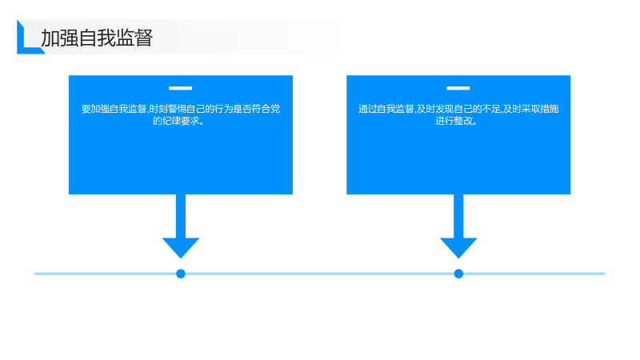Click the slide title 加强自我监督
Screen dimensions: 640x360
click(x=97, y=38)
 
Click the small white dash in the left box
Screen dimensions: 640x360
click(x=181, y=88)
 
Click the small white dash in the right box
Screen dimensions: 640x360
click(x=458, y=88)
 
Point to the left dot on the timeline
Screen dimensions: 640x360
click(x=181, y=274)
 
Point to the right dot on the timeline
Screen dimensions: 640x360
click(x=458, y=274)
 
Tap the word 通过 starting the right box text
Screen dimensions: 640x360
click(x=367, y=109)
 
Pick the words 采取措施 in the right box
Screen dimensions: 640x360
click(x=540, y=109)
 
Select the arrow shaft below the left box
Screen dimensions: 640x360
click(x=181, y=216)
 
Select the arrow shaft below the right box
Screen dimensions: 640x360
click(x=458, y=216)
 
